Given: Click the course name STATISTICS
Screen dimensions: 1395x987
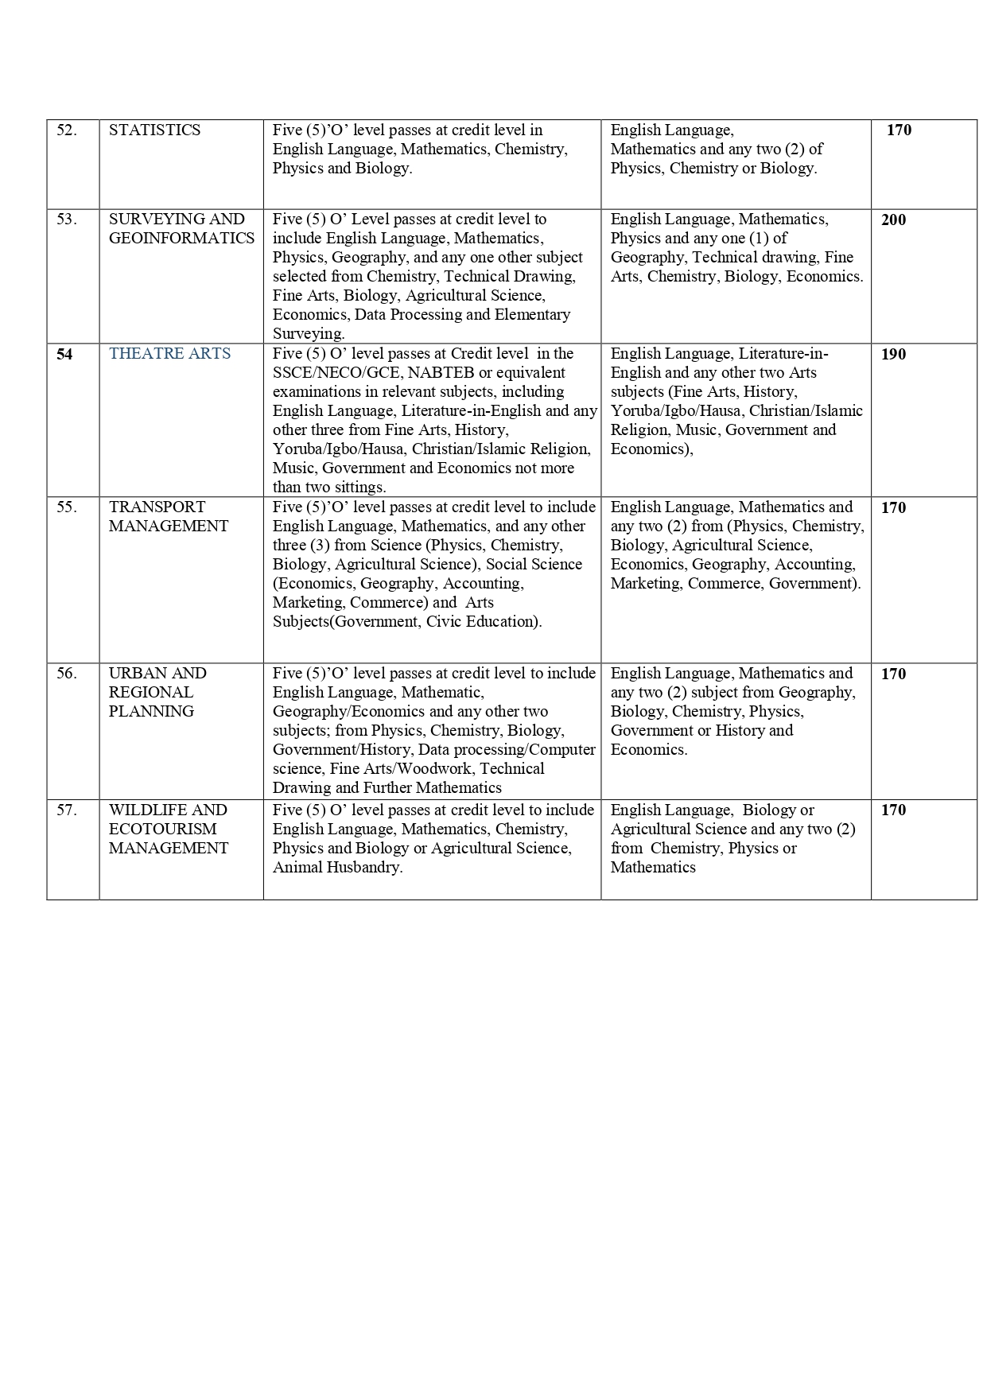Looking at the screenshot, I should (154, 130).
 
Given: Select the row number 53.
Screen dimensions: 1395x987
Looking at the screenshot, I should (67, 220).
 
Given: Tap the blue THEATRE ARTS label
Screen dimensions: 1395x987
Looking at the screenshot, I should (169, 354).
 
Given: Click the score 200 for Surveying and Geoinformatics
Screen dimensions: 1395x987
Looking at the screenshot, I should (893, 220).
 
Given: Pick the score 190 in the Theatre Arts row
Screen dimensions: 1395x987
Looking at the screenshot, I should (893, 355).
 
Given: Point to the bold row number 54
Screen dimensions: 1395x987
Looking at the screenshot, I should (64, 355).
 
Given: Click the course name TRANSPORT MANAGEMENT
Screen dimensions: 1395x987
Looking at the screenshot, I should (168, 517).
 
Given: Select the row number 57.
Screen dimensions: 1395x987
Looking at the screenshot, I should (67, 810).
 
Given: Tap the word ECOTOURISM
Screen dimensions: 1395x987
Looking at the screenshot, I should (162, 830).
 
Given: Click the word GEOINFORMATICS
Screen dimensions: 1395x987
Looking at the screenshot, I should (181, 239).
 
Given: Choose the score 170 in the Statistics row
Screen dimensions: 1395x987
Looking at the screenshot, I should (899, 130).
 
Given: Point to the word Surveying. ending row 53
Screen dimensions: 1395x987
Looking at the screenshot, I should (309, 334).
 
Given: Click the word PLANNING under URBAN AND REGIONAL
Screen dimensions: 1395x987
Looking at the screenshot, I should (151, 712).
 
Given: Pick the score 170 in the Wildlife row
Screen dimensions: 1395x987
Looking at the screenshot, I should (893, 810).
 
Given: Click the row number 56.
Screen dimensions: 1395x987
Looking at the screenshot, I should (67, 674).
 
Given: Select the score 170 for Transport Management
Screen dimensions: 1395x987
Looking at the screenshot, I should (893, 507).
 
